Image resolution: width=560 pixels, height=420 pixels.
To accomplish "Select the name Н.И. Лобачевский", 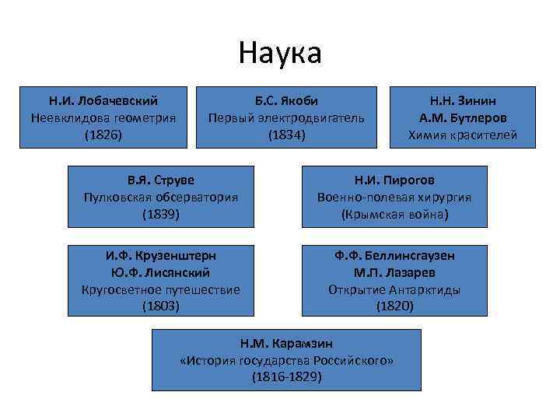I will (x=103, y=101).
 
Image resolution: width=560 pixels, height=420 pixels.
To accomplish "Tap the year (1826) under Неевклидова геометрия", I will (x=103, y=135).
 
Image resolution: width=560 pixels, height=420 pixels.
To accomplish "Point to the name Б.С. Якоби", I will (x=286, y=101).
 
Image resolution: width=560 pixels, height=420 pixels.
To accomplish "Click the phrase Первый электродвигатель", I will (x=286, y=118).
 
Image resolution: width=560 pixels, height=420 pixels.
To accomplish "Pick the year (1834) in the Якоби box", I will (x=286, y=135).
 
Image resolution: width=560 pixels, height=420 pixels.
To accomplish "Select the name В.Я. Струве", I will (x=161, y=180).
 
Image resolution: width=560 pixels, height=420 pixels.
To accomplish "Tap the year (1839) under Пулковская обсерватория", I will (x=161, y=214).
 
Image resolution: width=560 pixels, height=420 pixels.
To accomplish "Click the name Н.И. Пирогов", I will (x=394, y=180).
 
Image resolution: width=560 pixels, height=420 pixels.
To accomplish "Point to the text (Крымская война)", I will (x=394, y=214).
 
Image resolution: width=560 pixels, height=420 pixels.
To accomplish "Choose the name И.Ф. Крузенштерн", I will (x=161, y=256).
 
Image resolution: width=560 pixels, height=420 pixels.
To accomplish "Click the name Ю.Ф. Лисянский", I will (x=161, y=273).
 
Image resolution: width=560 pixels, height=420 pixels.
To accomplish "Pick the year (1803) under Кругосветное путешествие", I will (x=161, y=306).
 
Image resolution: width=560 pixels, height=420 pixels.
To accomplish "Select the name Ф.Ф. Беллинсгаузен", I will (x=394, y=256).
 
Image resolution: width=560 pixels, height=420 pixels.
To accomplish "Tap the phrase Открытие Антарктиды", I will (x=394, y=290).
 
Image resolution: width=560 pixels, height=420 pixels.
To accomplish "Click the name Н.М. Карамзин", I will (x=286, y=343).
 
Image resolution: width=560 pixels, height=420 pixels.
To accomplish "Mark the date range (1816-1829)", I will (x=286, y=377).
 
